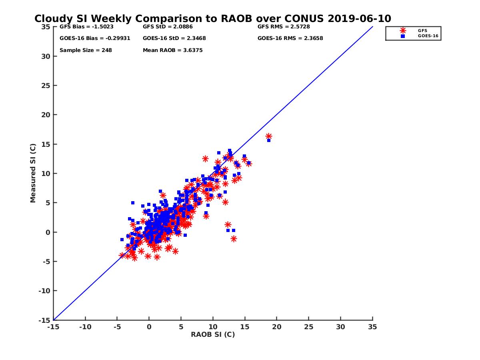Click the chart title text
click(212, 19)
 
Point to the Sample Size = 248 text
click(86, 50)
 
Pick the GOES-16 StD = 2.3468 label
click(174, 38)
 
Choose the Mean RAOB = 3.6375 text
click(172, 50)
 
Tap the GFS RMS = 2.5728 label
click(284, 27)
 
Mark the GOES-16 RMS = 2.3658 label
click(290, 38)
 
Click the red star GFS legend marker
click(403, 30)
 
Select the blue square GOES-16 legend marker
click(403, 36)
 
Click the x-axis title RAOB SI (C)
click(213, 334)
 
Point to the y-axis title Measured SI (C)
click(33, 173)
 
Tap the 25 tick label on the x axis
click(308, 327)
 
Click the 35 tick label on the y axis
click(45, 27)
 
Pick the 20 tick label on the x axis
click(276, 327)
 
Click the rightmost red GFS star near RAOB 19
click(269, 136)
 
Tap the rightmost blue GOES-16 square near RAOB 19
click(269, 140)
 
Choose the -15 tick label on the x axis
click(53, 327)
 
